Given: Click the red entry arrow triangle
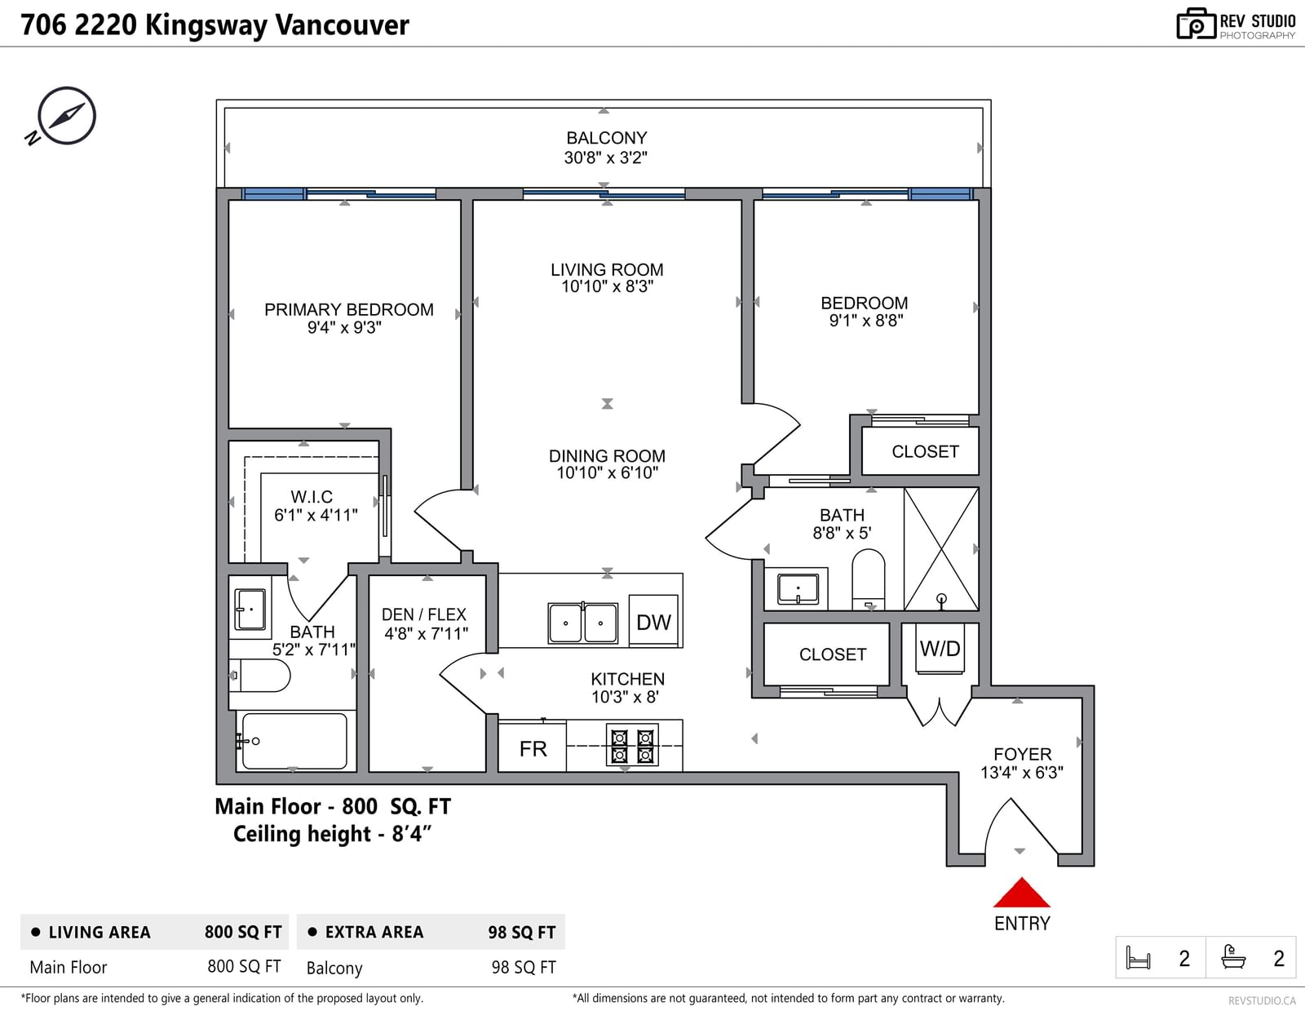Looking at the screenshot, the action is click(x=1021, y=893).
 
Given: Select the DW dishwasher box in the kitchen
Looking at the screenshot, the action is click(x=653, y=621).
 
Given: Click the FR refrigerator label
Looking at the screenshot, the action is click(x=533, y=749).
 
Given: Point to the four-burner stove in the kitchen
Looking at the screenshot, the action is click(x=632, y=746).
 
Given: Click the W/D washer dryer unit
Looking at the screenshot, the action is click(x=940, y=649).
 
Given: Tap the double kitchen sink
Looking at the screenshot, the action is click(x=582, y=623).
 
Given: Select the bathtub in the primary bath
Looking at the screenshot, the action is click(x=294, y=741).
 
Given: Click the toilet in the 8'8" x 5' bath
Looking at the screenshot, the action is click(x=869, y=579).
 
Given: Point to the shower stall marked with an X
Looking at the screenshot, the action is click(x=941, y=549).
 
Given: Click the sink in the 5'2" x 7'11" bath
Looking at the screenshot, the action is click(x=250, y=609).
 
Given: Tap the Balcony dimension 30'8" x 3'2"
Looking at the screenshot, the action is click(x=605, y=157).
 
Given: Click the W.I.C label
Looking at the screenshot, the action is click(x=312, y=497).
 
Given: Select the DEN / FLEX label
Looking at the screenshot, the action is click(x=424, y=614).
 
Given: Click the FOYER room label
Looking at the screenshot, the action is click(x=1022, y=754).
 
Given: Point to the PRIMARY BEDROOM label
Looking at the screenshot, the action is click(x=349, y=309).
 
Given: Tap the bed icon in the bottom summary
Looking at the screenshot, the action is click(x=1138, y=958).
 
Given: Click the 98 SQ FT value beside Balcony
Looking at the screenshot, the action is click(x=524, y=967).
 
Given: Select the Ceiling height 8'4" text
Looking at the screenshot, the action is click(x=332, y=834).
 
